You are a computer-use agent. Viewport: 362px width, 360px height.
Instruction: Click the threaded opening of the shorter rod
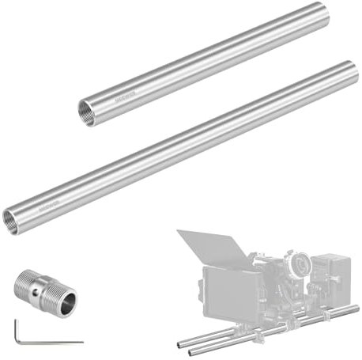click(85, 109)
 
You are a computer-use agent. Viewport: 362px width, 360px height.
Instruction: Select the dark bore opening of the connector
click(69, 299)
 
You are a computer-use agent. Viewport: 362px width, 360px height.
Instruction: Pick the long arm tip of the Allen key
click(81, 342)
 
